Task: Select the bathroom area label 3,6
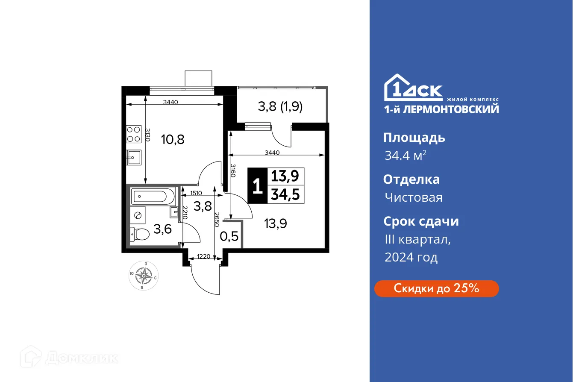click(x=162, y=229)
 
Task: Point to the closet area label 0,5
click(x=229, y=236)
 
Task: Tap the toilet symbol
click(x=140, y=234)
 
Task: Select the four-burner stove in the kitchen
click(x=134, y=134)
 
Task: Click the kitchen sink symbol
click(x=134, y=158)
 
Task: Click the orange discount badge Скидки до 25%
click(x=436, y=288)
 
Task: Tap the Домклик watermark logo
click(x=72, y=358)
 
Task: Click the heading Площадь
click(x=414, y=138)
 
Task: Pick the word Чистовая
click(x=413, y=197)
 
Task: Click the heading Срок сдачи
click(x=421, y=221)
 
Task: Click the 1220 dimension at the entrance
click(x=203, y=257)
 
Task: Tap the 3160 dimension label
click(x=233, y=170)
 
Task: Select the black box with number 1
click(x=257, y=186)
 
